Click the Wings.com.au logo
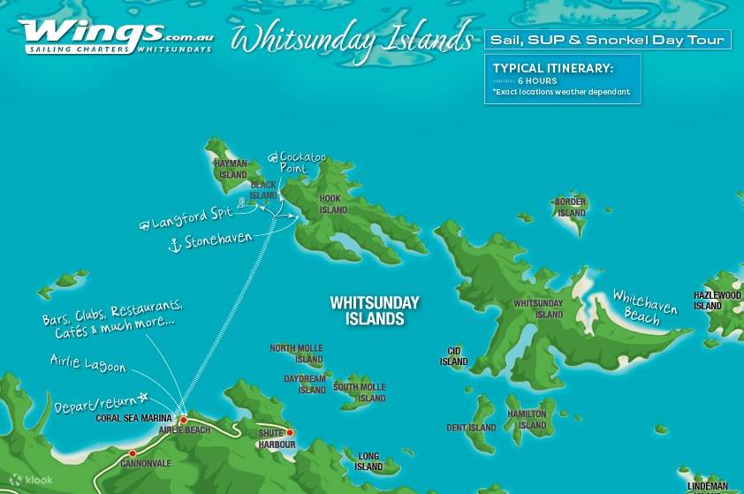tap(115, 35)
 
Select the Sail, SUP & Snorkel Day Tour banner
tap(607, 40)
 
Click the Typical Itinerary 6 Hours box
tap(562, 80)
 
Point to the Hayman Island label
tap(232, 169)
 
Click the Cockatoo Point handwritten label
tap(300, 163)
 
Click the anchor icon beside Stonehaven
tap(175, 245)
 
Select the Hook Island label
tap(333, 205)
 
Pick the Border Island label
tap(571, 208)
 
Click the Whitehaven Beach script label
tap(644, 308)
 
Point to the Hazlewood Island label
tap(717, 300)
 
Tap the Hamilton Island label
tap(528, 420)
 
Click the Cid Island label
tap(453, 356)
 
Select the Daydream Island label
tap(305, 384)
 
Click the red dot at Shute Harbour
tap(289, 433)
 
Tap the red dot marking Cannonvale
tap(133, 453)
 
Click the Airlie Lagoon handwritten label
tap(87, 364)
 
